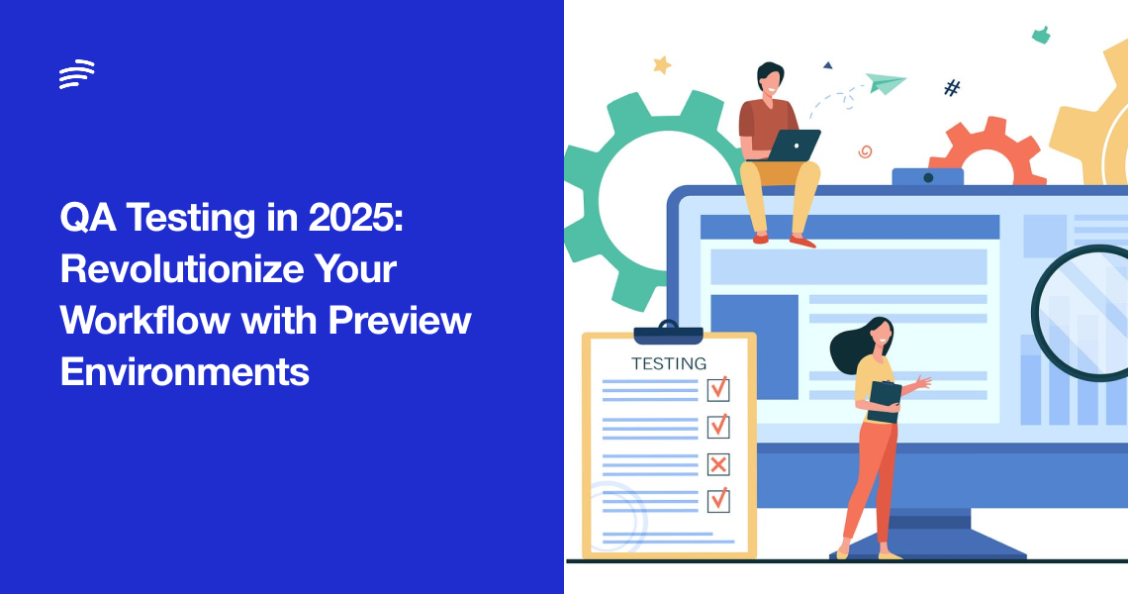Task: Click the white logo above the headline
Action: coord(76,74)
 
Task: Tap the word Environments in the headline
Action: coord(184,372)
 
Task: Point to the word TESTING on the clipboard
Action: coord(669,363)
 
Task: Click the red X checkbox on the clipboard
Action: coord(718,463)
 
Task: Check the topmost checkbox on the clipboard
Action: coord(719,387)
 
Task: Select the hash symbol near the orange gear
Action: coord(952,88)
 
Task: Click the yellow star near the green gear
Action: coord(662,64)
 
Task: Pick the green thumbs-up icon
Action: coord(1040,35)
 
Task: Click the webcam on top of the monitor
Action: coord(927,177)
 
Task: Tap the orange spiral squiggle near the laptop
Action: coord(865,151)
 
